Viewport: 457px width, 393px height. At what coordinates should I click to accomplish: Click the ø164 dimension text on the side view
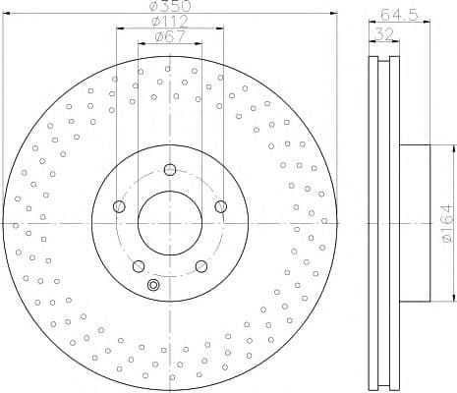[x=445, y=224]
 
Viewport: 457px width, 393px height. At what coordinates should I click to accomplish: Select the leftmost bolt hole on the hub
[x=120, y=206]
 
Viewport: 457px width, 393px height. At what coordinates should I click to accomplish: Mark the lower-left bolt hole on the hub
[x=139, y=265]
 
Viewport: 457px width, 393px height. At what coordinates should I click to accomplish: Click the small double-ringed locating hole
[x=152, y=285]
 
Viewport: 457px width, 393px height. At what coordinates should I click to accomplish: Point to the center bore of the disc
[x=170, y=223]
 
